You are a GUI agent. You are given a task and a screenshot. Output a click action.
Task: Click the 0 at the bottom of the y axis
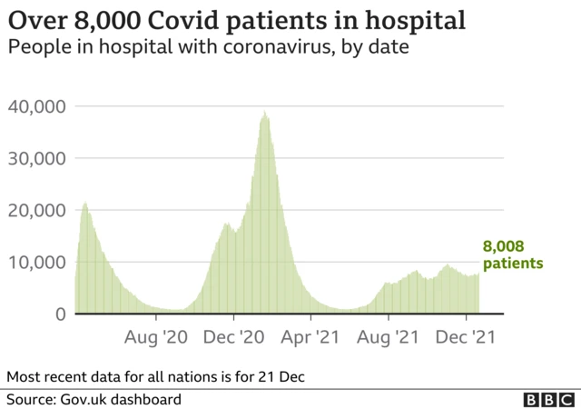click(60, 314)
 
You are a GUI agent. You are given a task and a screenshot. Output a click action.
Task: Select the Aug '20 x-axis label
click(156, 337)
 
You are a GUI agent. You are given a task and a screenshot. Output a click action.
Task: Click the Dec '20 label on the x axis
click(233, 337)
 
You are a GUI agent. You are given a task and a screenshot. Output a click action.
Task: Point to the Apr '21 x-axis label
click(310, 337)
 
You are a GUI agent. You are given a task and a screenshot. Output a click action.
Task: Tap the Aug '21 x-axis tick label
click(388, 337)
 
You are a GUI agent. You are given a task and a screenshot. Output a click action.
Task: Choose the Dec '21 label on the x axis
click(466, 337)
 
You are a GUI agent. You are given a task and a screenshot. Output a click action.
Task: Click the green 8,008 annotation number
click(504, 246)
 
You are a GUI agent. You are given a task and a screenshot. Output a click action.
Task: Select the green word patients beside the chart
click(513, 264)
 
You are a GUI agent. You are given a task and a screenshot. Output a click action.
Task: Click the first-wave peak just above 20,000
click(85, 204)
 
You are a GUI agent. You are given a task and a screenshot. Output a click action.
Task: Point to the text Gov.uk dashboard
click(121, 399)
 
